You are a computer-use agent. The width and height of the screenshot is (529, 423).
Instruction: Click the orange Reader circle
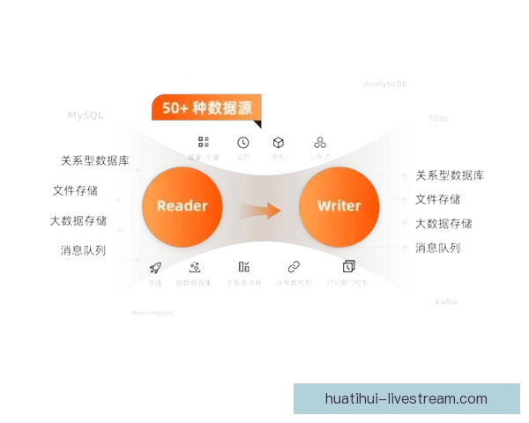[182, 205]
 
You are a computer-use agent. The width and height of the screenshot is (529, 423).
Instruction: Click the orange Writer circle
[339, 205]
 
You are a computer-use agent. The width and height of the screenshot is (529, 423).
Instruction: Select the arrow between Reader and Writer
[261, 210]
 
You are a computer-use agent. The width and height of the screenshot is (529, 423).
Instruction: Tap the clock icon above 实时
[242, 142]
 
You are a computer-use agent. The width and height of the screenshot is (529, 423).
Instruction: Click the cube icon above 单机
[278, 142]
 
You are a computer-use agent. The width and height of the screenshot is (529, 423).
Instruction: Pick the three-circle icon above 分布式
[319, 142]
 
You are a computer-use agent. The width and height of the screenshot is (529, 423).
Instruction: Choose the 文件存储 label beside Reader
[75, 190]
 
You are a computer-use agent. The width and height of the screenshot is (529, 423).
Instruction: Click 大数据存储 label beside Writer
[443, 224]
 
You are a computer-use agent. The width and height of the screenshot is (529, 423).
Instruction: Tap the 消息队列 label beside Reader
[83, 250]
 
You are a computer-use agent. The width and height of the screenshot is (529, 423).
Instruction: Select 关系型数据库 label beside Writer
[450, 175]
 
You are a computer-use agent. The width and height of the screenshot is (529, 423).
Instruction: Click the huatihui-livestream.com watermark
[406, 398]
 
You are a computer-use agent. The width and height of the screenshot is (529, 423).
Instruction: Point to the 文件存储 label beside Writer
[437, 200]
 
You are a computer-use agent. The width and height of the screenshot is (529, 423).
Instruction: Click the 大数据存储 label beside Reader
[78, 220]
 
